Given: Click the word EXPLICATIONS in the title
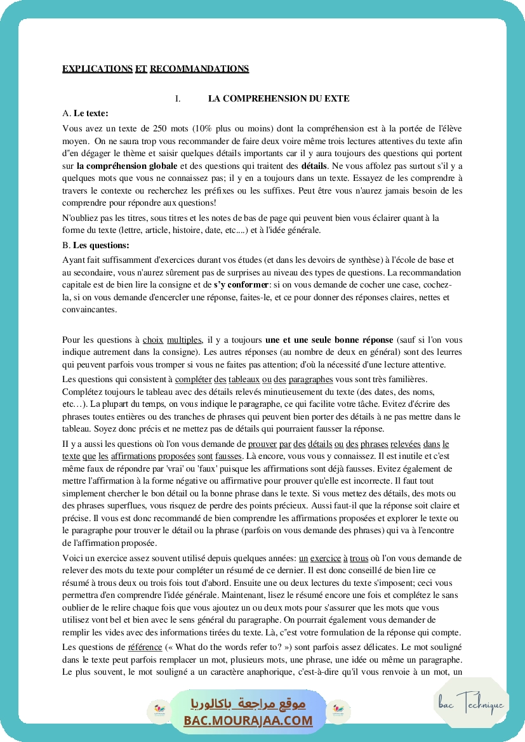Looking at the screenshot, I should click(97, 69).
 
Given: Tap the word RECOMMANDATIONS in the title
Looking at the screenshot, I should click(199, 69).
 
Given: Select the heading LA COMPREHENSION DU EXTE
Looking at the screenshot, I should click(279, 99).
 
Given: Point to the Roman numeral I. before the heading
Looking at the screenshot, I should click(178, 99).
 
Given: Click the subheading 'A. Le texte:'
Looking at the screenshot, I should click(86, 114).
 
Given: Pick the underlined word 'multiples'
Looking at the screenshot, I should click(184, 340).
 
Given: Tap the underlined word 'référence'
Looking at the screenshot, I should click(145, 647).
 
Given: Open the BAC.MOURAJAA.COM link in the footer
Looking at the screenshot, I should click(248, 720).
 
